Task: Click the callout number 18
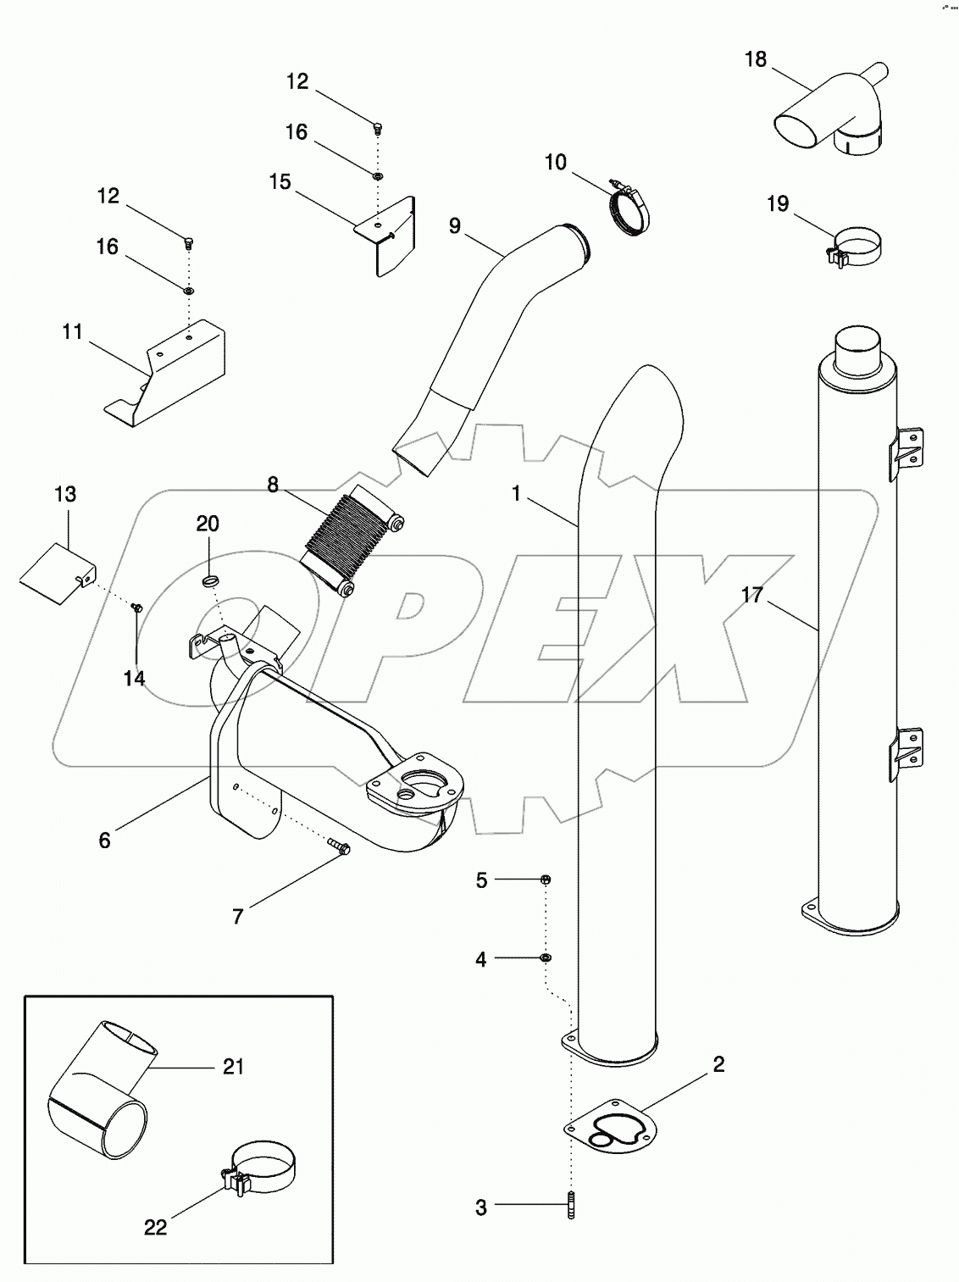[755, 59]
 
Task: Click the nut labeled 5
[546, 880]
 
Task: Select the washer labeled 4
[546, 958]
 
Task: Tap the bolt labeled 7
[341, 846]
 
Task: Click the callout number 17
[751, 595]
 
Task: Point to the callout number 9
[455, 226]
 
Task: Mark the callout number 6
[104, 840]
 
